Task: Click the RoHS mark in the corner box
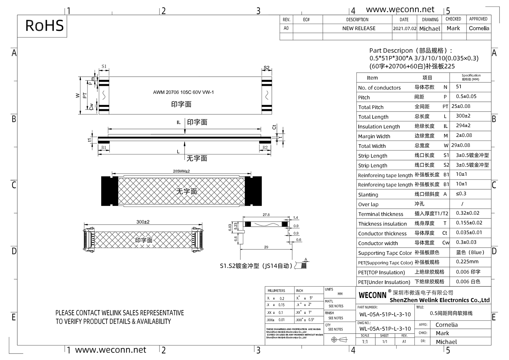[44, 26]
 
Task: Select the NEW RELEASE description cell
[359, 29]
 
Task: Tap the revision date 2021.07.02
[404, 29]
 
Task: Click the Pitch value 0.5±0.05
[466, 96]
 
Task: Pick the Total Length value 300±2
[463, 116]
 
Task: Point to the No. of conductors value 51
[459, 87]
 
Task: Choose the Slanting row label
[368, 195]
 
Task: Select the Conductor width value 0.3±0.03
[466, 242]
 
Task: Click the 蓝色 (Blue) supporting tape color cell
[470, 252]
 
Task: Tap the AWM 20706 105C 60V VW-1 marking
[183, 92]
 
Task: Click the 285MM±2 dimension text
[181, 171]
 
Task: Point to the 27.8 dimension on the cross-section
[266, 215]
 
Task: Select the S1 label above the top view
[104, 67]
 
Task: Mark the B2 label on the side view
[265, 148]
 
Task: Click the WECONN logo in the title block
[373, 295]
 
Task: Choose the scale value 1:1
[365, 342]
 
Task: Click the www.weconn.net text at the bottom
[111, 350]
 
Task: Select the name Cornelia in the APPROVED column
[479, 29]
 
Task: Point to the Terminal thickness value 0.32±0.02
[468, 213]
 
